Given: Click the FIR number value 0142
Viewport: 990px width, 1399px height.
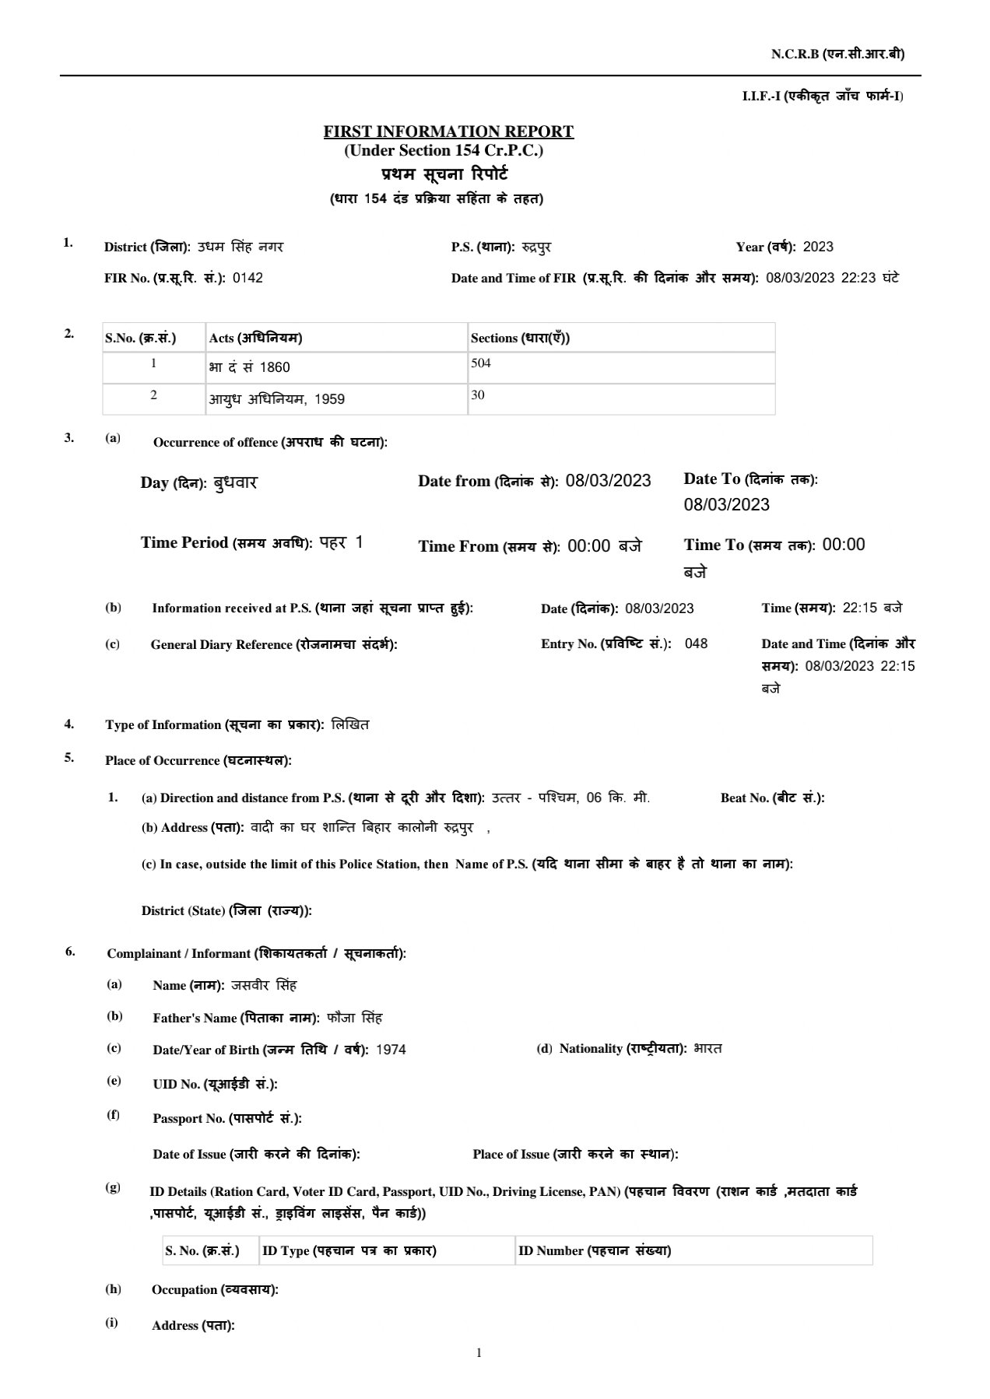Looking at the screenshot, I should (247, 279).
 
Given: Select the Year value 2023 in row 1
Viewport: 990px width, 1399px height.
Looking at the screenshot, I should (817, 247).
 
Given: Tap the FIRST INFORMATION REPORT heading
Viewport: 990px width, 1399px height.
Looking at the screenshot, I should (448, 131).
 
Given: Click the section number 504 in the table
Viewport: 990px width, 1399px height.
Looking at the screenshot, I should (481, 363).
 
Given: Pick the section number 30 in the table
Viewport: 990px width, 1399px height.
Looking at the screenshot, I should (478, 395).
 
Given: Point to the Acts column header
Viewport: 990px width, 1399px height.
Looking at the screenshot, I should (255, 338).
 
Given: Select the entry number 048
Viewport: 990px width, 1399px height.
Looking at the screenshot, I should (696, 643).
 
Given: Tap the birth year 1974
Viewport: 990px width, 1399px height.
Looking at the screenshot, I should (391, 1050).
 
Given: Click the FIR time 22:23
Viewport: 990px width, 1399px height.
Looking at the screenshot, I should (858, 278).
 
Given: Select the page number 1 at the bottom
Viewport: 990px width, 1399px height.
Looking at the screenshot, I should (479, 1353).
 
